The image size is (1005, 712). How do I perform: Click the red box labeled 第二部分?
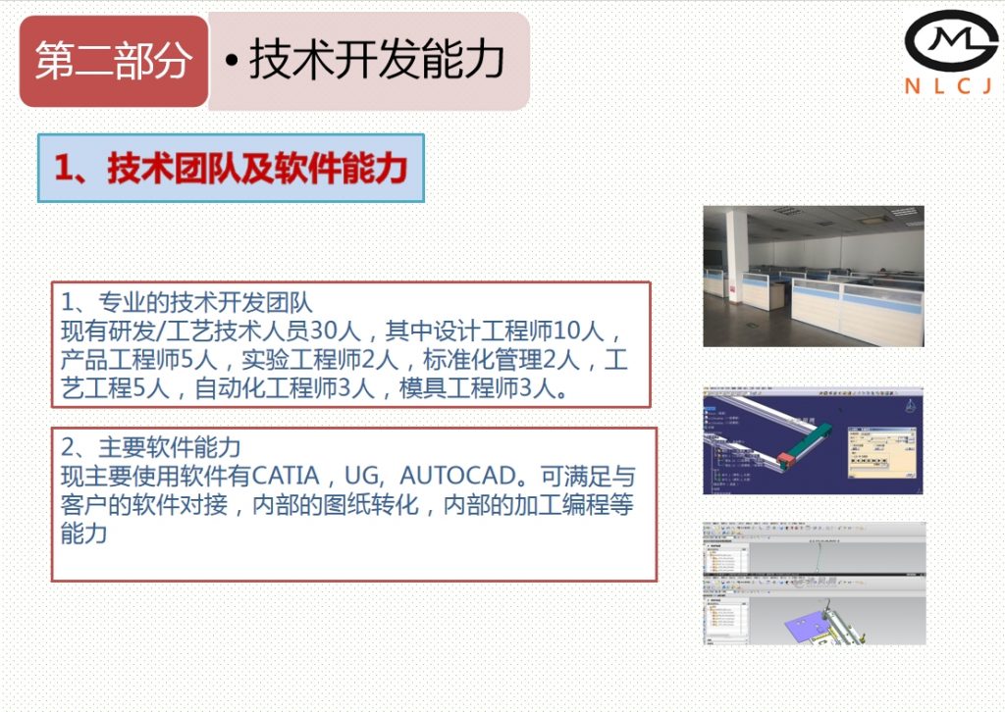click(x=114, y=61)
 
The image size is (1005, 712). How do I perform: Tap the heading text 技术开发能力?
click(x=377, y=61)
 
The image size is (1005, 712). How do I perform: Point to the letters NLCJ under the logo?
click(x=948, y=86)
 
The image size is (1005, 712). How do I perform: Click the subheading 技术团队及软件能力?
click(x=231, y=169)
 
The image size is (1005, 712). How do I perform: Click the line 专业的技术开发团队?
click(x=186, y=301)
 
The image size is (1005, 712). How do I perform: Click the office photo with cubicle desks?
click(x=813, y=276)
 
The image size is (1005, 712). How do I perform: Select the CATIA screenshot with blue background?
click(x=813, y=440)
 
